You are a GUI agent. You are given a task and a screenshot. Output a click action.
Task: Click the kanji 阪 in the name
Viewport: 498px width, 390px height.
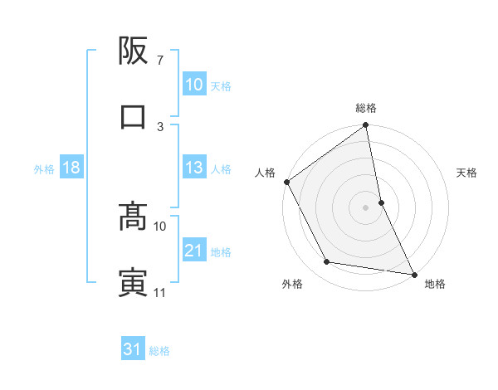point(133,54)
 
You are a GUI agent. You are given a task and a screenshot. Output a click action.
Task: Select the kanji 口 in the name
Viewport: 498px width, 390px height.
point(133,117)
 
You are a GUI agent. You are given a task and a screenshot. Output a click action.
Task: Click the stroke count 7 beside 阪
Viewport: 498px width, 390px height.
point(159,61)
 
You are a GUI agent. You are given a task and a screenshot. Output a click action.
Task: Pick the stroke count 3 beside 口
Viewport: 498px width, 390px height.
point(160,127)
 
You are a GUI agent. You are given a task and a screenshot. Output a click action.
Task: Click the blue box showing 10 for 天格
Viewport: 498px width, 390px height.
point(194,85)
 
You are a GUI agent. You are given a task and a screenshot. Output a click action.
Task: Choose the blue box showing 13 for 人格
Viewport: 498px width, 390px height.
point(194,168)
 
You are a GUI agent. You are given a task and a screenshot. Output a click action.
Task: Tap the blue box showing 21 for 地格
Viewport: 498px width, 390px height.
point(194,251)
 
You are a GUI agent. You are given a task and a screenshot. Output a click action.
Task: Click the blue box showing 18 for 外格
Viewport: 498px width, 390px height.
point(71,168)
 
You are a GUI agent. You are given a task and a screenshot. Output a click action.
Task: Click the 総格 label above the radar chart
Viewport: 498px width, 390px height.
point(366,109)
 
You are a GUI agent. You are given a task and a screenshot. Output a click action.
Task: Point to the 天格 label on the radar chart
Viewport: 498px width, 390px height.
point(467,173)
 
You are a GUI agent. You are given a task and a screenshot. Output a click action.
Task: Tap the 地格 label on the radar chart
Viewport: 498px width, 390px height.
point(435,284)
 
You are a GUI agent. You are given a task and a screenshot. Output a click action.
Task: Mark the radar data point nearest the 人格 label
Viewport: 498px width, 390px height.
point(286,182)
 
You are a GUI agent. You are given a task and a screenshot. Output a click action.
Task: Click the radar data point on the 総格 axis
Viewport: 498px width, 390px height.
point(366,126)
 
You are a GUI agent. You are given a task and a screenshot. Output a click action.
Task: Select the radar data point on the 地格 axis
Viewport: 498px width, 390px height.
point(413,273)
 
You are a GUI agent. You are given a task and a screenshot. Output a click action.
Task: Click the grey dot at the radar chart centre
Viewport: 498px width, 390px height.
point(366,207)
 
